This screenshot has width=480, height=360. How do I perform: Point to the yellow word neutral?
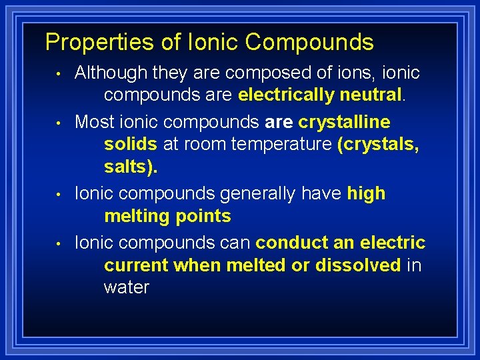[x=371, y=95]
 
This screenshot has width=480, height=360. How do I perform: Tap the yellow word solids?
[x=131, y=145]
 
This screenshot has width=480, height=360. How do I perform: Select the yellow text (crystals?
[x=378, y=145]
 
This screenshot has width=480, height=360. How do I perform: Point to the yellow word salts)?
[x=131, y=167]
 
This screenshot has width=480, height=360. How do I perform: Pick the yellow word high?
[x=366, y=194]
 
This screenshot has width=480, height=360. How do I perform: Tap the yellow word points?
[x=201, y=216]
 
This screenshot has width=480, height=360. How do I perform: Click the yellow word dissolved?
[x=358, y=265]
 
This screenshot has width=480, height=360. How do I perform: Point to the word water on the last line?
[x=127, y=287]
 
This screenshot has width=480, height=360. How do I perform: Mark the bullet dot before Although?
[x=59, y=73]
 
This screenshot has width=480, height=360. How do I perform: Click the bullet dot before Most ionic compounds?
[x=59, y=123]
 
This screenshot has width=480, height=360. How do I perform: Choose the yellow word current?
[x=136, y=265]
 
